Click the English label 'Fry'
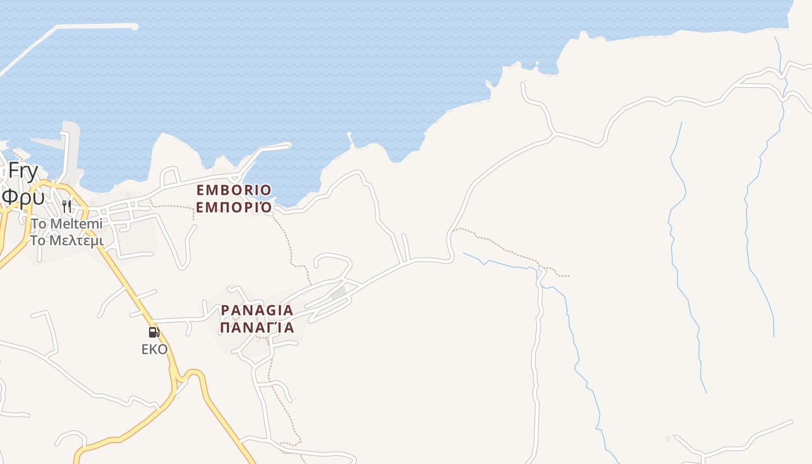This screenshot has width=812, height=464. [23, 172]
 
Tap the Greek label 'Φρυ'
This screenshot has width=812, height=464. [23, 197]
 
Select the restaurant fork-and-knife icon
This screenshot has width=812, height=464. [67, 206]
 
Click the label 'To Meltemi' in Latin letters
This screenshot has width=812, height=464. [67, 223]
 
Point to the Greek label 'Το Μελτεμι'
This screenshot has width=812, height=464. [67, 240]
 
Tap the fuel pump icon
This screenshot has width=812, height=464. [154, 332]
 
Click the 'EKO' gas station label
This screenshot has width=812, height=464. [154, 349]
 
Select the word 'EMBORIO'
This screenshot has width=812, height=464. [234, 190]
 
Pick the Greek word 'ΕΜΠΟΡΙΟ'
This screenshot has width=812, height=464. [234, 207]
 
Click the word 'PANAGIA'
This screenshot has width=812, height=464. [257, 310]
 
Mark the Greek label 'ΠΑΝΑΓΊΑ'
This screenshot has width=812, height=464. [257, 328]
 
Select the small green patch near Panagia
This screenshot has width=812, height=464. [338, 293]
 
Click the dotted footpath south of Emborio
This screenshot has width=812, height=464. [287, 238]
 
